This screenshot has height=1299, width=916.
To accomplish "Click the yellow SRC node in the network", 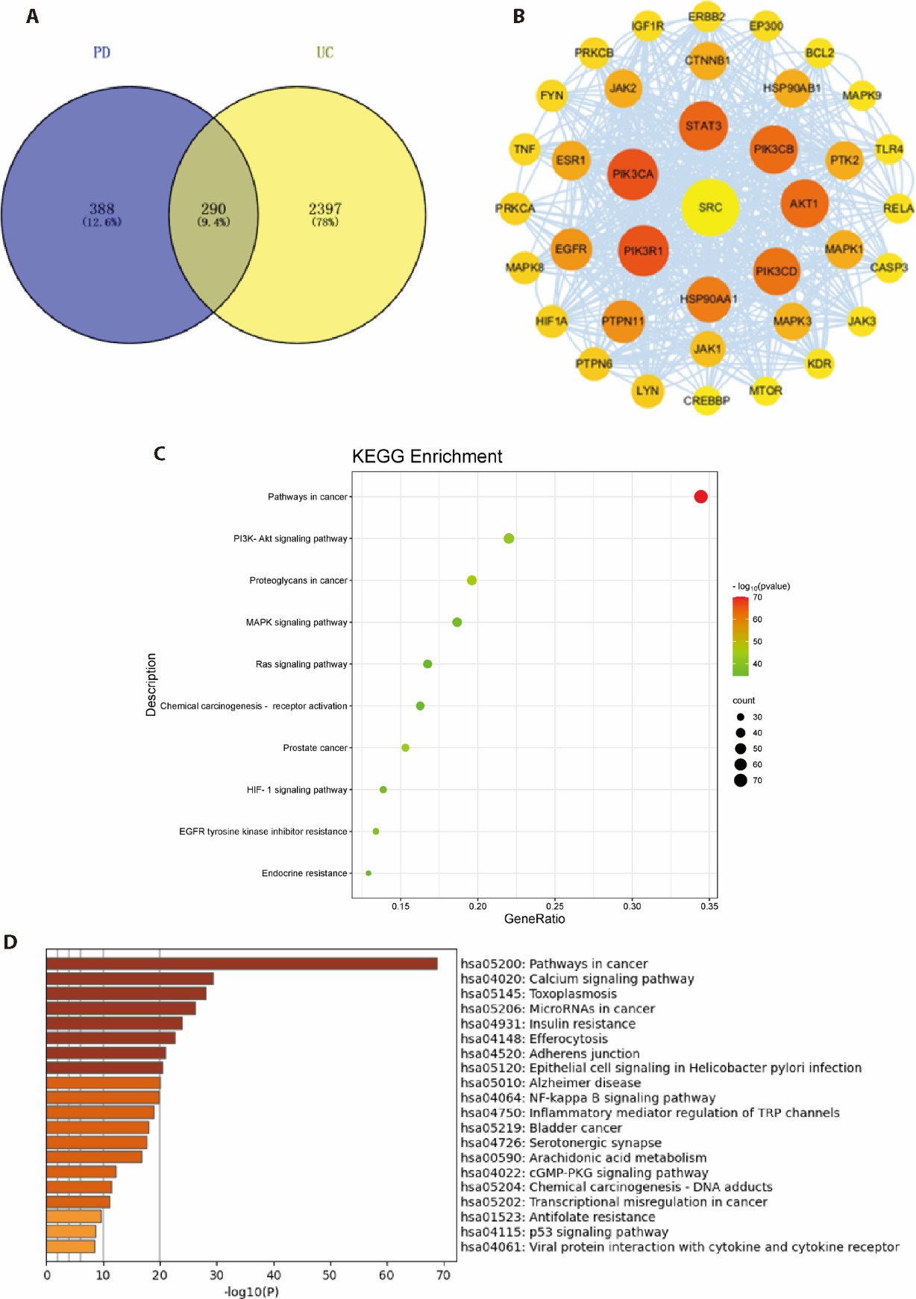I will coord(710,207).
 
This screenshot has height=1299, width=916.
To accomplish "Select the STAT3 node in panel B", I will coord(703,125).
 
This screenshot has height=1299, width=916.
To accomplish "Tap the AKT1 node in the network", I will coord(804,204).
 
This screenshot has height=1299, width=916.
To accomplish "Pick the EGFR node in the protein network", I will coord(571,249).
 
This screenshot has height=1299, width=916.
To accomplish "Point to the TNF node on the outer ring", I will coord(524,149).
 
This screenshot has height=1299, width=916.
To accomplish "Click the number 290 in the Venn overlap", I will coord(213,210).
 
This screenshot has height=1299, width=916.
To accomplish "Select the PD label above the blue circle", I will coord(101,52).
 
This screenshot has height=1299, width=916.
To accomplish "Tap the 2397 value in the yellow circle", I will coord(324,210).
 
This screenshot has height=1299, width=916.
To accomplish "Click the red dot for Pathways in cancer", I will coord(700,497).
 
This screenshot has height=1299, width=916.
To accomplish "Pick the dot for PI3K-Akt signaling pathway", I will coord(509,538).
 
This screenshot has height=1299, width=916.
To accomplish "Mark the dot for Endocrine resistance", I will coord(368,873).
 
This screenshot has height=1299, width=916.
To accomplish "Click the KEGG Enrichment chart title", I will coord(427,456).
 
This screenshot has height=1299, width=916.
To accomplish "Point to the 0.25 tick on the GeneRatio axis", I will coord(554,906).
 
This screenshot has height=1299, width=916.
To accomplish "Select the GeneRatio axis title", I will coord(534,919).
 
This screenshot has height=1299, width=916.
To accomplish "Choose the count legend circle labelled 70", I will coord(740,781).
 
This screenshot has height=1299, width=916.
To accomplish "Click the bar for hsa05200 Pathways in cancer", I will coord(242,963).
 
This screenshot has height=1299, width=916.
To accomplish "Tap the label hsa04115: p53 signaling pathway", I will coord(564,1232).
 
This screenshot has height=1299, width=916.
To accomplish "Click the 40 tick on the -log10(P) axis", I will coord(274,1275).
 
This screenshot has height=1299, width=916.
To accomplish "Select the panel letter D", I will coord(10,943).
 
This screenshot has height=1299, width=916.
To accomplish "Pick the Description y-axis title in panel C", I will coord(151,685).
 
